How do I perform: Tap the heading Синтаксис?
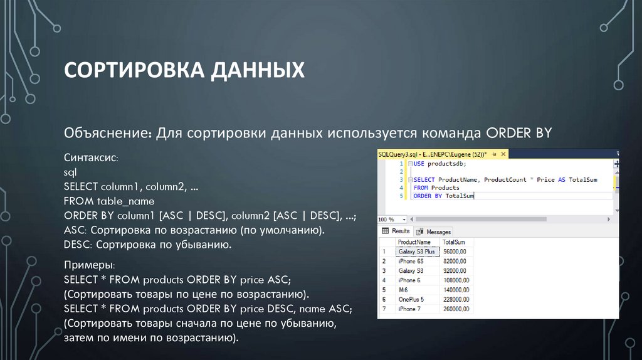90,158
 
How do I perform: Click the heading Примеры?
89,266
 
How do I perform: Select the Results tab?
396,231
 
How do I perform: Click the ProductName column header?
414,242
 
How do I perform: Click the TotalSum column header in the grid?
453,242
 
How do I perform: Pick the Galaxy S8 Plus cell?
416,251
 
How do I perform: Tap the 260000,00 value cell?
456,309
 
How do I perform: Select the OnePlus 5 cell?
411,300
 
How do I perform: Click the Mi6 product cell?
403,290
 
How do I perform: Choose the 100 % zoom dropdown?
392,220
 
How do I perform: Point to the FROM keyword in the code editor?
421,188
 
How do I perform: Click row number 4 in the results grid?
383,280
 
